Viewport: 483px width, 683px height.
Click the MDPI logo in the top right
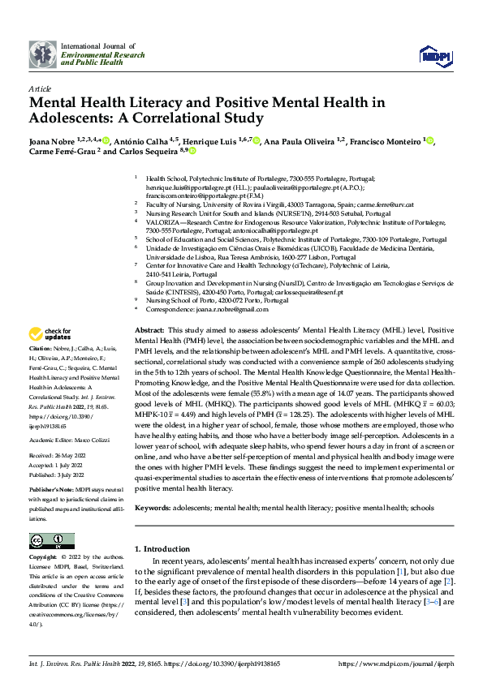click(x=433, y=54)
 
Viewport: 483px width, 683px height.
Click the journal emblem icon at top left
click(x=43, y=54)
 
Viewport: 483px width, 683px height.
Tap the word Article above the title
click(x=40, y=88)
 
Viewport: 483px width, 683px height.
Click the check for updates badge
click(x=50, y=333)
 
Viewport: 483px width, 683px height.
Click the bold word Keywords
click(x=153, y=484)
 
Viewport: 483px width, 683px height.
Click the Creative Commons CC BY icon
click(x=52, y=540)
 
